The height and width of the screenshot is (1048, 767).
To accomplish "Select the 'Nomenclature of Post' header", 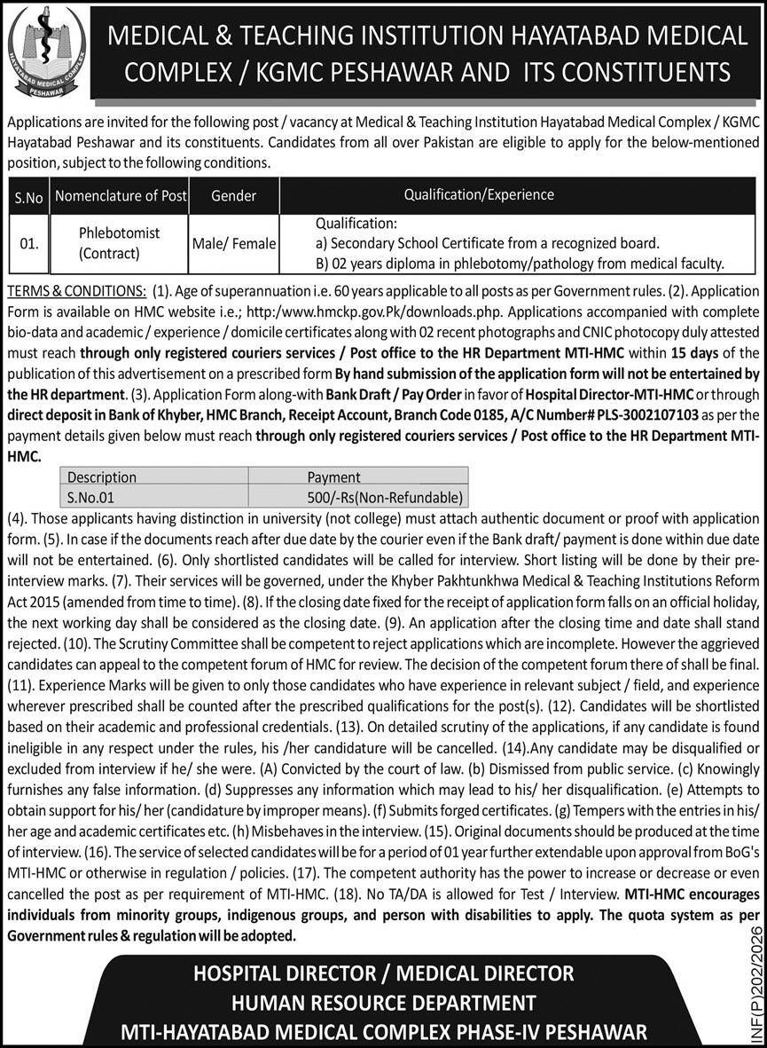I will pyautogui.click(x=120, y=196).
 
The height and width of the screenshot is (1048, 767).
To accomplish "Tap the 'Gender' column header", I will pyautogui.click(x=234, y=195).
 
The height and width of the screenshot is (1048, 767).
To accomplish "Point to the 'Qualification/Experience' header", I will pyautogui.click(x=479, y=194).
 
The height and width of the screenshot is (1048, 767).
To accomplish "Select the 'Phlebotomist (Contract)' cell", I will pyautogui.click(x=120, y=242).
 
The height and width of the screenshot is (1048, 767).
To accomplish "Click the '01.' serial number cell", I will pyautogui.click(x=28, y=243).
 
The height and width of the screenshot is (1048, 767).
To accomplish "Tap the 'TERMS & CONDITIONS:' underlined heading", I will pyautogui.click(x=76, y=291).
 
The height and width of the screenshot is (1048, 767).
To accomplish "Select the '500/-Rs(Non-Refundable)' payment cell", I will pyautogui.click(x=395, y=497).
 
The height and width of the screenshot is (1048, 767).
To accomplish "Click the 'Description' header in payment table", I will pyautogui.click(x=102, y=477).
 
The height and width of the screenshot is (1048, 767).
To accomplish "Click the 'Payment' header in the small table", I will pyautogui.click(x=333, y=477).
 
